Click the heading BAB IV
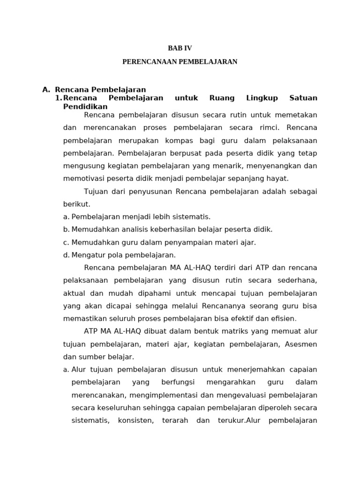click(x=180, y=48)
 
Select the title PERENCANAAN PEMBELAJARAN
click(x=180, y=62)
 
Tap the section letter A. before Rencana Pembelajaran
click(x=46, y=90)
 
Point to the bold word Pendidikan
click(x=85, y=106)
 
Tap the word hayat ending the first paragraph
click(x=278, y=178)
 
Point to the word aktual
click(x=75, y=293)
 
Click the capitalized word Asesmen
click(x=300, y=344)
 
